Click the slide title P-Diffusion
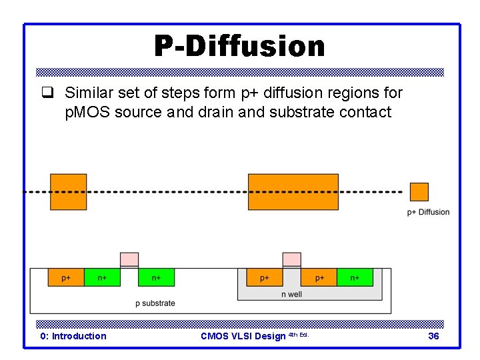239,47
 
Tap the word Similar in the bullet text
89,93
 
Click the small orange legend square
419,192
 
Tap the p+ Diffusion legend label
428,212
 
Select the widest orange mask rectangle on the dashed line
293,191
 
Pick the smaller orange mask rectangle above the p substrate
68,191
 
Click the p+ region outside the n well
66,277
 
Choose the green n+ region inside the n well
355,277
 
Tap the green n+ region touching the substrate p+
102,277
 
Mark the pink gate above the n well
291,259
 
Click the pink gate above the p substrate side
129,259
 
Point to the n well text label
291,294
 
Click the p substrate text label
155,303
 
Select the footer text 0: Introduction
73,336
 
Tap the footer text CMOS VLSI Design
243,336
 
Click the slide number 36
433,336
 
